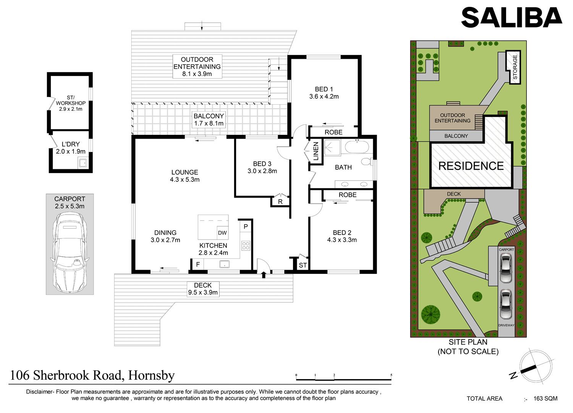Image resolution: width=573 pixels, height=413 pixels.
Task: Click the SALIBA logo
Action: click(511, 17)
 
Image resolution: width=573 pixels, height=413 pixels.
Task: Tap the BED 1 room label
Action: click(324, 92)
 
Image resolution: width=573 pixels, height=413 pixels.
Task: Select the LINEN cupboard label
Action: click(316, 151)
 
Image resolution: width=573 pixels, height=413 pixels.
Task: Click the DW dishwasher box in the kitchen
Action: click(222, 233)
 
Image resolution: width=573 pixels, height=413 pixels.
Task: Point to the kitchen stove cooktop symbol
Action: click(246, 246)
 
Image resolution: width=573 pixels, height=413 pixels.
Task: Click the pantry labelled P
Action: click(246, 227)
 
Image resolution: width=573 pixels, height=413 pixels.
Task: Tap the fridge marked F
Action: click(198, 264)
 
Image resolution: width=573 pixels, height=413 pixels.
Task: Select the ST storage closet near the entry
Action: click(303, 265)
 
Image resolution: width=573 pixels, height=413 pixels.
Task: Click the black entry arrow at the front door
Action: click(264, 275)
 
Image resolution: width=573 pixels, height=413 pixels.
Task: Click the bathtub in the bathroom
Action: click(357, 147)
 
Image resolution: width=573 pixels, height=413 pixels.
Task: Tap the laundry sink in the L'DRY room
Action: click(83, 163)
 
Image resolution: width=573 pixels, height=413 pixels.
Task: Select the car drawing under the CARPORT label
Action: click(70, 253)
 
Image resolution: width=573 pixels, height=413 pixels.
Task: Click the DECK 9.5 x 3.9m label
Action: click(203, 289)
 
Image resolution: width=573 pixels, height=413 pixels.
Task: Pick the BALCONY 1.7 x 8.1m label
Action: click(209, 120)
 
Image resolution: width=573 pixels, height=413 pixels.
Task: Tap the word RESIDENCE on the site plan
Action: click(471, 166)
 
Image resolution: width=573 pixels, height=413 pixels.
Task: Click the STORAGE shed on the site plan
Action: click(514, 67)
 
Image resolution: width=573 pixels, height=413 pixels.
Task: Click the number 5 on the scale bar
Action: click(391, 375)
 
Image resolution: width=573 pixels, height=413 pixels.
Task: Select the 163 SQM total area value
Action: click(545, 398)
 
